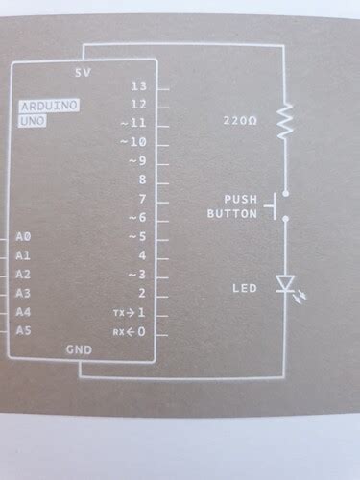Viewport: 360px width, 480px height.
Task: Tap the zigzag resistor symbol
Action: pos(284,123)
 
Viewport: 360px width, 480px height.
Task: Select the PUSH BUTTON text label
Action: pos(233,206)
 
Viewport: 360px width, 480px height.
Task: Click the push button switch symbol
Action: pos(280,206)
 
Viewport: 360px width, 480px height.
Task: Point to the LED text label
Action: pos(244,288)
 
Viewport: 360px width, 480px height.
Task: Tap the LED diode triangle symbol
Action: pos(285,284)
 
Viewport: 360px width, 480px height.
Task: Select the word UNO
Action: pos(32,121)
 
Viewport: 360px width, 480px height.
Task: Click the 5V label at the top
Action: pos(83,72)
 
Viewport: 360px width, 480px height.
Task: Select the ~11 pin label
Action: pos(133,124)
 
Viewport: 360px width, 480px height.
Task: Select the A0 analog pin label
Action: pos(25,235)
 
